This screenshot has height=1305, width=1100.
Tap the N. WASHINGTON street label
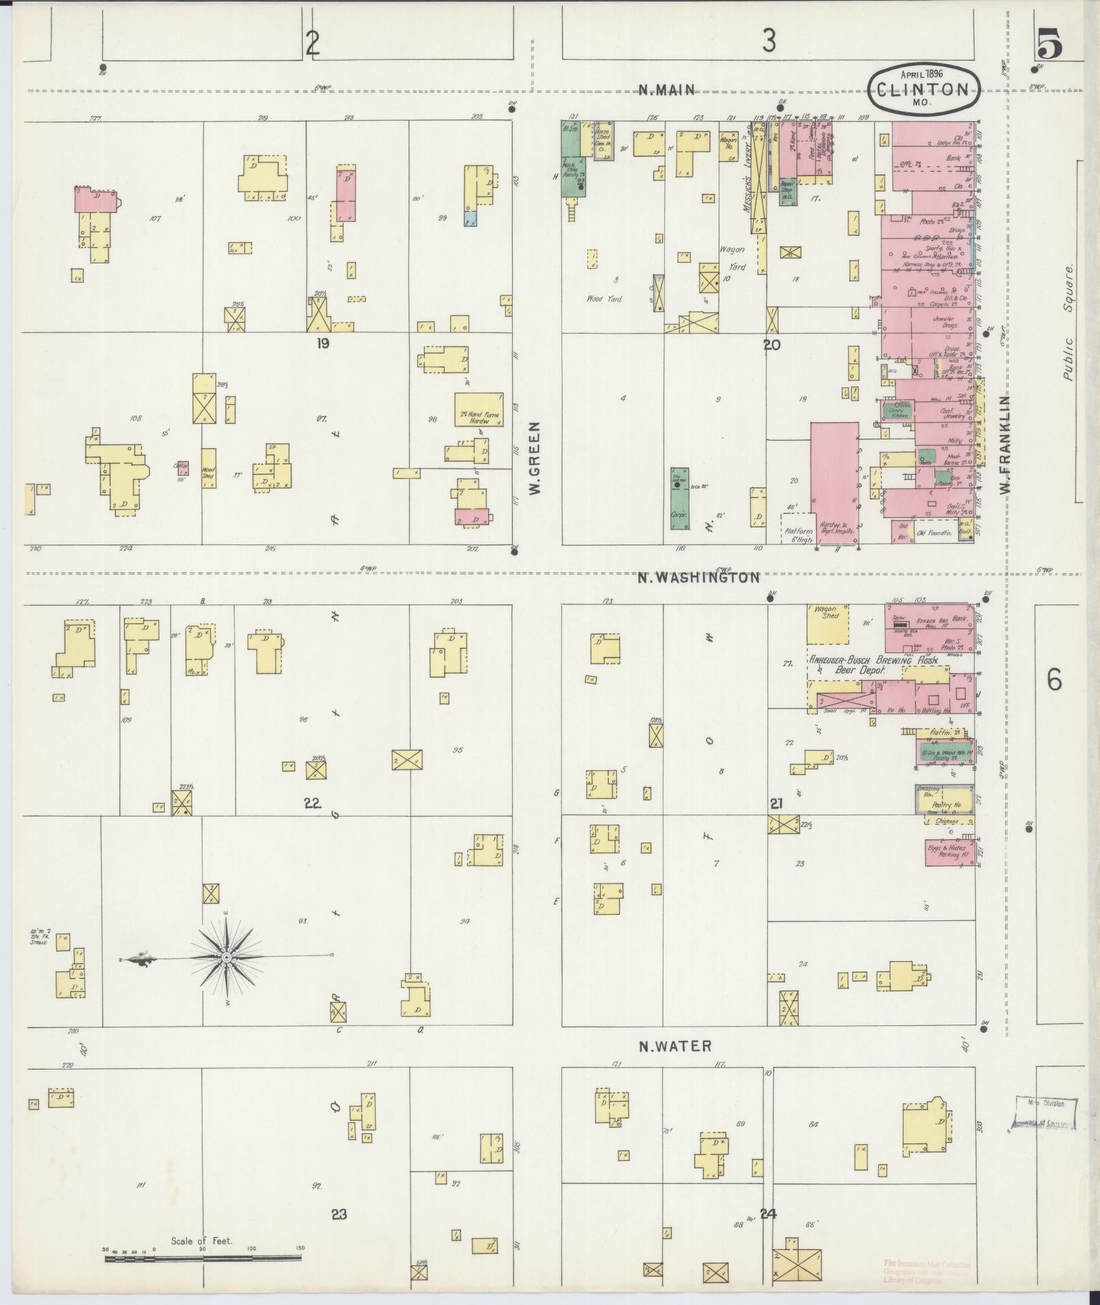point(698,578)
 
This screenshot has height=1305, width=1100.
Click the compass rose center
point(226,958)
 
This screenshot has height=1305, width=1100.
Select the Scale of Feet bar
point(203,1258)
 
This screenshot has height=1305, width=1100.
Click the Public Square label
point(1068,322)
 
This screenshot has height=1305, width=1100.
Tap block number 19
point(323,343)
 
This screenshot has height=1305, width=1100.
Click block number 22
point(312,803)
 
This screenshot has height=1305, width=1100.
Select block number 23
point(339,1214)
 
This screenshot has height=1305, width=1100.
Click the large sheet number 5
point(1048,46)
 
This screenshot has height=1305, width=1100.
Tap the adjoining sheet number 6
point(1054,679)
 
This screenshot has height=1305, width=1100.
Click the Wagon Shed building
point(827,624)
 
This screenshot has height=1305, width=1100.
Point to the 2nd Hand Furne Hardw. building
point(479,409)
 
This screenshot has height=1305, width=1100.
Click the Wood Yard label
point(604,299)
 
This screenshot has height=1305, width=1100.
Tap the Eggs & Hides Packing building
point(949,852)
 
